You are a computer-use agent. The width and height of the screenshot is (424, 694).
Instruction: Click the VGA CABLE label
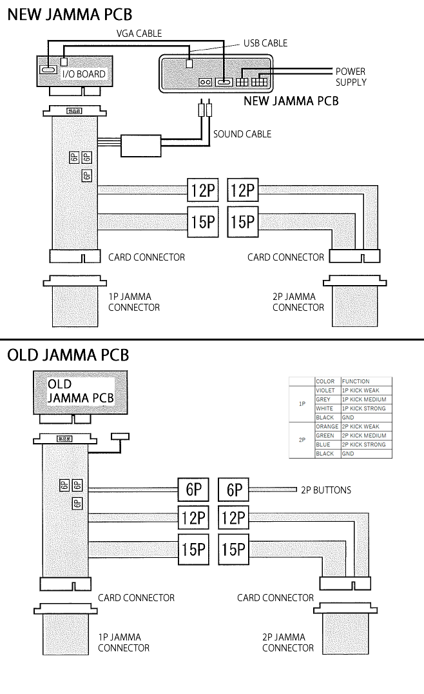click(x=139, y=33)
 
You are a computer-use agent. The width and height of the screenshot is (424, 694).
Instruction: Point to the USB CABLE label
click(x=265, y=43)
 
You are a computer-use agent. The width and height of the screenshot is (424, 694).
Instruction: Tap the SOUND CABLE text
click(x=242, y=134)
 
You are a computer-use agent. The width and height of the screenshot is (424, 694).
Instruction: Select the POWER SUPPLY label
click(x=351, y=77)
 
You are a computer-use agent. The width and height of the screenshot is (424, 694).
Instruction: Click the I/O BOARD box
click(x=72, y=71)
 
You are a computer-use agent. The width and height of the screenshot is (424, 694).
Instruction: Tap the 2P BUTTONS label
click(x=326, y=490)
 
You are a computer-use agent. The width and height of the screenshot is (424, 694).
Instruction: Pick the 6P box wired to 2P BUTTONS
click(x=234, y=490)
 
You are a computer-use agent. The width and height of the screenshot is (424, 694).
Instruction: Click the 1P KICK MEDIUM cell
click(x=365, y=399)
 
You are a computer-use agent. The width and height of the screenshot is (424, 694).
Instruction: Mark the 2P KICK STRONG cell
click(x=365, y=444)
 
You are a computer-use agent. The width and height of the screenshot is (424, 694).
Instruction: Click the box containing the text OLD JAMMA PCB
click(x=80, y=392)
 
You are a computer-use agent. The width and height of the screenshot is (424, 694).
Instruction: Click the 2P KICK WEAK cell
click(x=365, y=426)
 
